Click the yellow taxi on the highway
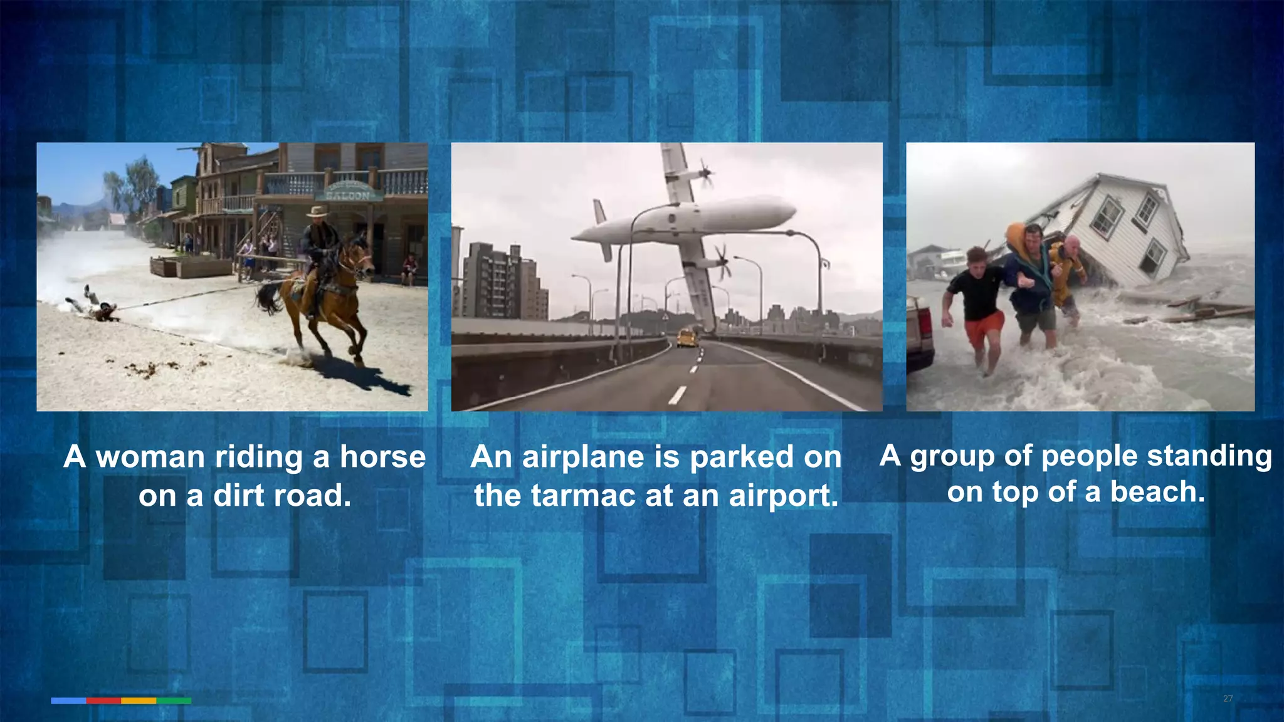click(687, 338)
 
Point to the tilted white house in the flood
click(1129, 229)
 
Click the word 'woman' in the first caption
click(150, 457)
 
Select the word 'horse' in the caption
click(382, 457)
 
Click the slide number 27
click(1228, 698)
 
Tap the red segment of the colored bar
click(103, 701)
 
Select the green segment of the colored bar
click(174, 701)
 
